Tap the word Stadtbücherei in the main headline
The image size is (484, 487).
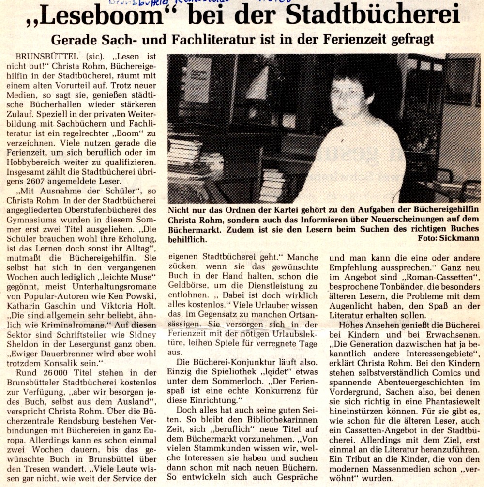pyautogui.click(x=373, y=16)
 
